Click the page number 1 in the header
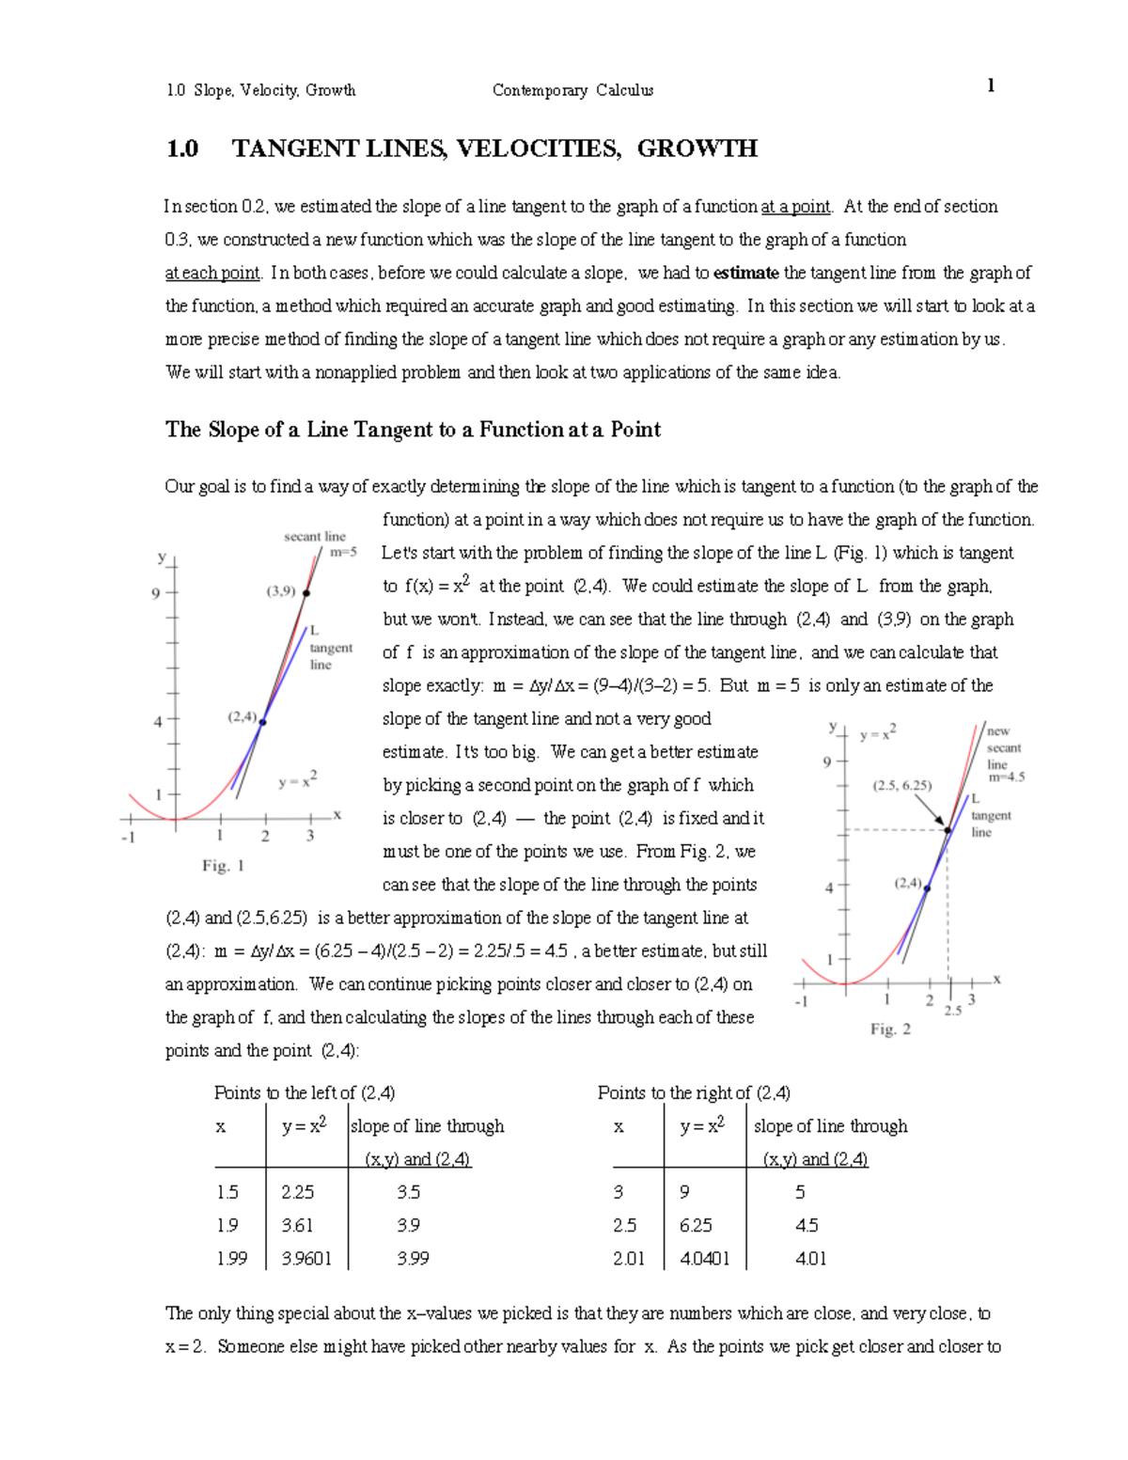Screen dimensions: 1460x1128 point(991,86)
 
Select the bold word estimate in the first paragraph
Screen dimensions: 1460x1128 point(745,273)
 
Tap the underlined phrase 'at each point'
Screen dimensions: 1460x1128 point(212,273)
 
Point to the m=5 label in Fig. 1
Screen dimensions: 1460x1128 point(343,553)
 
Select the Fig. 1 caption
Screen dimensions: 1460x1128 point(223,866)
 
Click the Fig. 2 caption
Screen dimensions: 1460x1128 point(889,1029)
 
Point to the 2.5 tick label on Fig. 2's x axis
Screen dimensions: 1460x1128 point(952,1011)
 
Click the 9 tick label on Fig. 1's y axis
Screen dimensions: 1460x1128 point(156,593)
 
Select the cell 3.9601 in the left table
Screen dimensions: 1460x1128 point(306,1258)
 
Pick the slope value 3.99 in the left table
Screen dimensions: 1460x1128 point(413,1258)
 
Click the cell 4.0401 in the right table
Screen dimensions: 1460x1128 point(704,1258)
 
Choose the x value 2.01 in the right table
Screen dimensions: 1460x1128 point(628,1258)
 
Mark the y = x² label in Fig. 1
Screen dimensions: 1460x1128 point(297,780)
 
